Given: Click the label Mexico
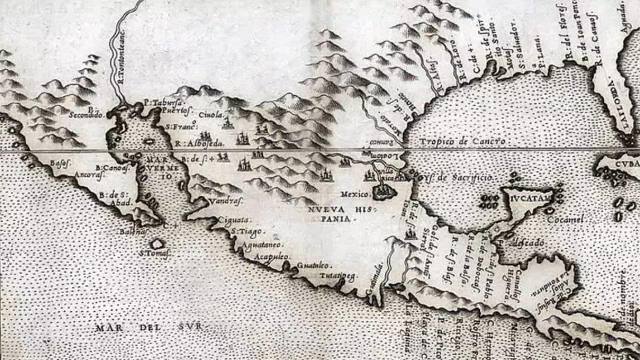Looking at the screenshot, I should (x=355, y=193).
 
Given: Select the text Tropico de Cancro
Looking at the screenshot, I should (x=458, y=141).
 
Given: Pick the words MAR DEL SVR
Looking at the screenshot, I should (x=149, y=327).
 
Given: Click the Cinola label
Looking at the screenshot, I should (x=210, y=115).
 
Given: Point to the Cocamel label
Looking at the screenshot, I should (x=565, y=219).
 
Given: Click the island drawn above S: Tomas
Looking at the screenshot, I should (x=157, y=243).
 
